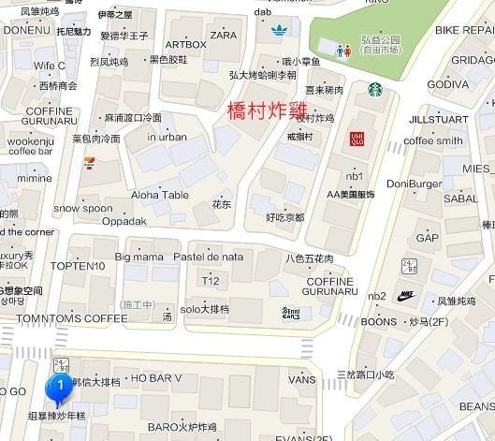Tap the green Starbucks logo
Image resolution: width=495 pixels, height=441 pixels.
point(374,89)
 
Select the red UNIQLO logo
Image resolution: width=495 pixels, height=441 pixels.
point(356,139)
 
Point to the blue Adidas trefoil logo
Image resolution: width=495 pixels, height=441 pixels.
point(279,30)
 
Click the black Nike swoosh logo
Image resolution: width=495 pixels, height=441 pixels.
point(405,295)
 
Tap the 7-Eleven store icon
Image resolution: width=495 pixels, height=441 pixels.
point(88,161)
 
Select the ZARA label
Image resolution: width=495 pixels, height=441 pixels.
point(224,35)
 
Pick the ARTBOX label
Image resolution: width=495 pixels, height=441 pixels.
point(185,44)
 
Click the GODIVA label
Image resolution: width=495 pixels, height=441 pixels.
point(447,84)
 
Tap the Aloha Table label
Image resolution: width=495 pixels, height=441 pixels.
point(159,195)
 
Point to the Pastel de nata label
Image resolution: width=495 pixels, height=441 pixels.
point(209,256)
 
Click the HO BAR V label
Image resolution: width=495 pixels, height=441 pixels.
point(156,378)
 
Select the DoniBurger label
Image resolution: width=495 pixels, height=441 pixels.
point(415,184)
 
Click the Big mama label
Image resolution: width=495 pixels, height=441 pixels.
point(139,256)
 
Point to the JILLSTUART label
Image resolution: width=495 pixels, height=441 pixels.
point(436,120)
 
